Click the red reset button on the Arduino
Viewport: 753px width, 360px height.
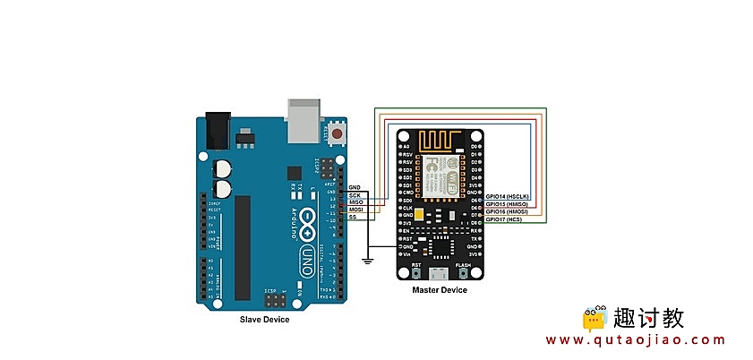tap(337, 134)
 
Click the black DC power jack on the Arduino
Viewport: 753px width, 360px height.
tap(218, 131)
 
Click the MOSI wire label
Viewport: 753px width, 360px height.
tap(355, 210)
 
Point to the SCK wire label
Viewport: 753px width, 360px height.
tap(355, 193)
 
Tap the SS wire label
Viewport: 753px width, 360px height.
tap(353, 218)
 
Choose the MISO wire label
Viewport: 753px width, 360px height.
tap(355, 201)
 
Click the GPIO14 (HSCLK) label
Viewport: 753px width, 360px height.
tap(509, 196)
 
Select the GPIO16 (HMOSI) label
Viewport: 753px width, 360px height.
tap(508, 212)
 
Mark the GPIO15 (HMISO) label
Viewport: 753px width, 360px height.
tap(508, 204)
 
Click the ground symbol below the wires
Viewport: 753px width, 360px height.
tap(366, 261)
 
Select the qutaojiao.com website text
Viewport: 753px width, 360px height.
tap(636, 340)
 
